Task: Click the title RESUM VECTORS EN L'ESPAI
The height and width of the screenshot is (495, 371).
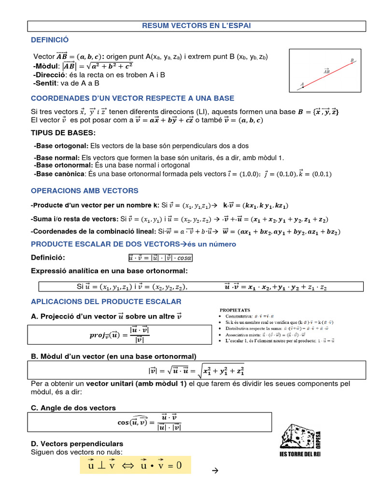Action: point(196,26)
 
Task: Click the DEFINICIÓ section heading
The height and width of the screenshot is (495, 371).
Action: point(50,40)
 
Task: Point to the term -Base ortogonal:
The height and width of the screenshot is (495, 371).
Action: point(61,146)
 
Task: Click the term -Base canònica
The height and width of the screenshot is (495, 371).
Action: point(59,174)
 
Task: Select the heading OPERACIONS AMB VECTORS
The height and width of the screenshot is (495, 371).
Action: point(85,190)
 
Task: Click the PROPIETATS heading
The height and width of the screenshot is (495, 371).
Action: point(235,310)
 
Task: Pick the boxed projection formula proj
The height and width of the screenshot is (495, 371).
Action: point(119,335)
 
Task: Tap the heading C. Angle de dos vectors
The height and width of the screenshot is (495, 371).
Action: point(73,408)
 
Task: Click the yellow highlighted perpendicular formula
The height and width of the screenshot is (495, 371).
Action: point(135,465)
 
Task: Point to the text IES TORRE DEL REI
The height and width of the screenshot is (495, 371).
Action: point(300,454)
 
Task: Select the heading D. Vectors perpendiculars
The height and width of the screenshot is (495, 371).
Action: point(77,443)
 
